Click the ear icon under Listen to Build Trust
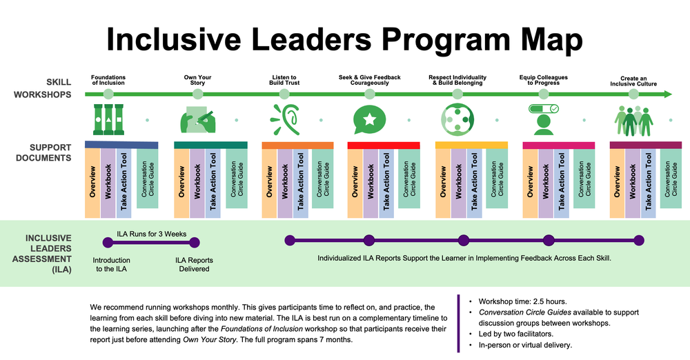[x=285, y=118]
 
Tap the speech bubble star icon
[x=369, y=119]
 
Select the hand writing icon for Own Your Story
[x=196, y=118]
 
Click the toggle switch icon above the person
[x=544, y=108]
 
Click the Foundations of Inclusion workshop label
[x=108, y=80]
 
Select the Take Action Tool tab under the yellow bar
[x=474, y=182]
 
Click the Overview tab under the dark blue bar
[x=92, y=182]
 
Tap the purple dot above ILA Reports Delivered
[x=194, y=241]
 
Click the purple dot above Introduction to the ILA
[x=108, y=241]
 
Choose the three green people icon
[x=633, y=120]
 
